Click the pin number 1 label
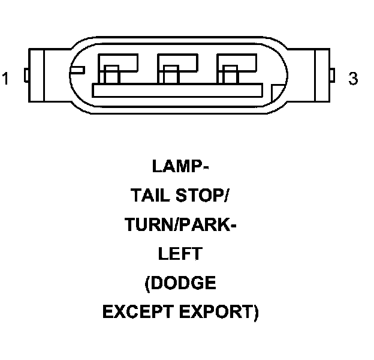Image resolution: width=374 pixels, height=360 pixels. [x=6, y=78]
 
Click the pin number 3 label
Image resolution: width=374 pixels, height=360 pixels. [x=353, y=78]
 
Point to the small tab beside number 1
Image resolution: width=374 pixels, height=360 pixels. [x=26, y=76]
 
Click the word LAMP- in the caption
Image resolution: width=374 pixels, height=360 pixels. [x=180, y=166]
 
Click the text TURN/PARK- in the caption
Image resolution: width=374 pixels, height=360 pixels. [x=180, y=225]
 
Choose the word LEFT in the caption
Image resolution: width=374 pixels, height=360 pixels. [x=179, y=254]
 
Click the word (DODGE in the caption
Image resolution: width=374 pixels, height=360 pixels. [x=180, y=283]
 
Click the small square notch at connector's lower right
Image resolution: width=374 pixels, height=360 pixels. [x=277, y=93]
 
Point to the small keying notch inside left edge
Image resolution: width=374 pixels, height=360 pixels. [x=76, y=71]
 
